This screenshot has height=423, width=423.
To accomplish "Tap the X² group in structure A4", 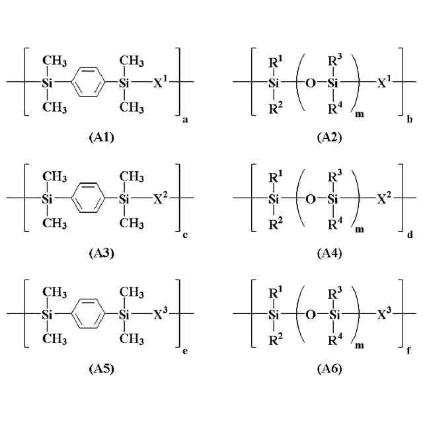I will pyautogui.click(x=384, y=198).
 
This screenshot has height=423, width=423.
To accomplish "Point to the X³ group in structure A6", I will pyautogui.click(x=384, y=313).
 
